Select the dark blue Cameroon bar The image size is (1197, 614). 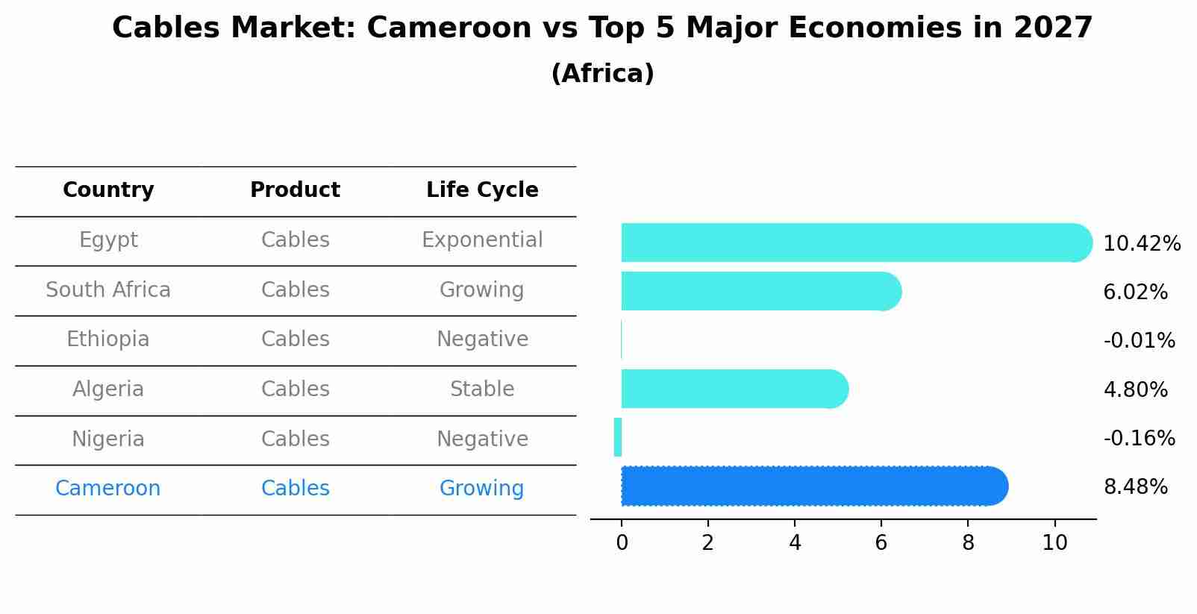(813, 486)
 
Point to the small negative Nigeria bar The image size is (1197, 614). (618, 437)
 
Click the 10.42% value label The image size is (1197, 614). (1141, 244)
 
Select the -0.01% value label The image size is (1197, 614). (1139, 341)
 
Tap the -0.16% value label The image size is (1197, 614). (1139, 438)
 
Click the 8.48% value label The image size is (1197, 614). (1135, 487)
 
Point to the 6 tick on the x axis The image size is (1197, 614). (881, 543)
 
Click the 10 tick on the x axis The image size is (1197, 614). (1054, 543)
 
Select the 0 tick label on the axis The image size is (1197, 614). (622, 543)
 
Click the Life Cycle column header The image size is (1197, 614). (482, 190)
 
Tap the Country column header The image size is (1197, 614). (108, 190)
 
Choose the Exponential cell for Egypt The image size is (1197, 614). (482, 240)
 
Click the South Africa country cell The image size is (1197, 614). (108, 290)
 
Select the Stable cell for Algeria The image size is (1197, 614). (482, 389)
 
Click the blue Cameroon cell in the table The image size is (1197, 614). (108, 489)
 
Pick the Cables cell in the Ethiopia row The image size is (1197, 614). (295, 339)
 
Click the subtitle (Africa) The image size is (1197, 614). (602, 74)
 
